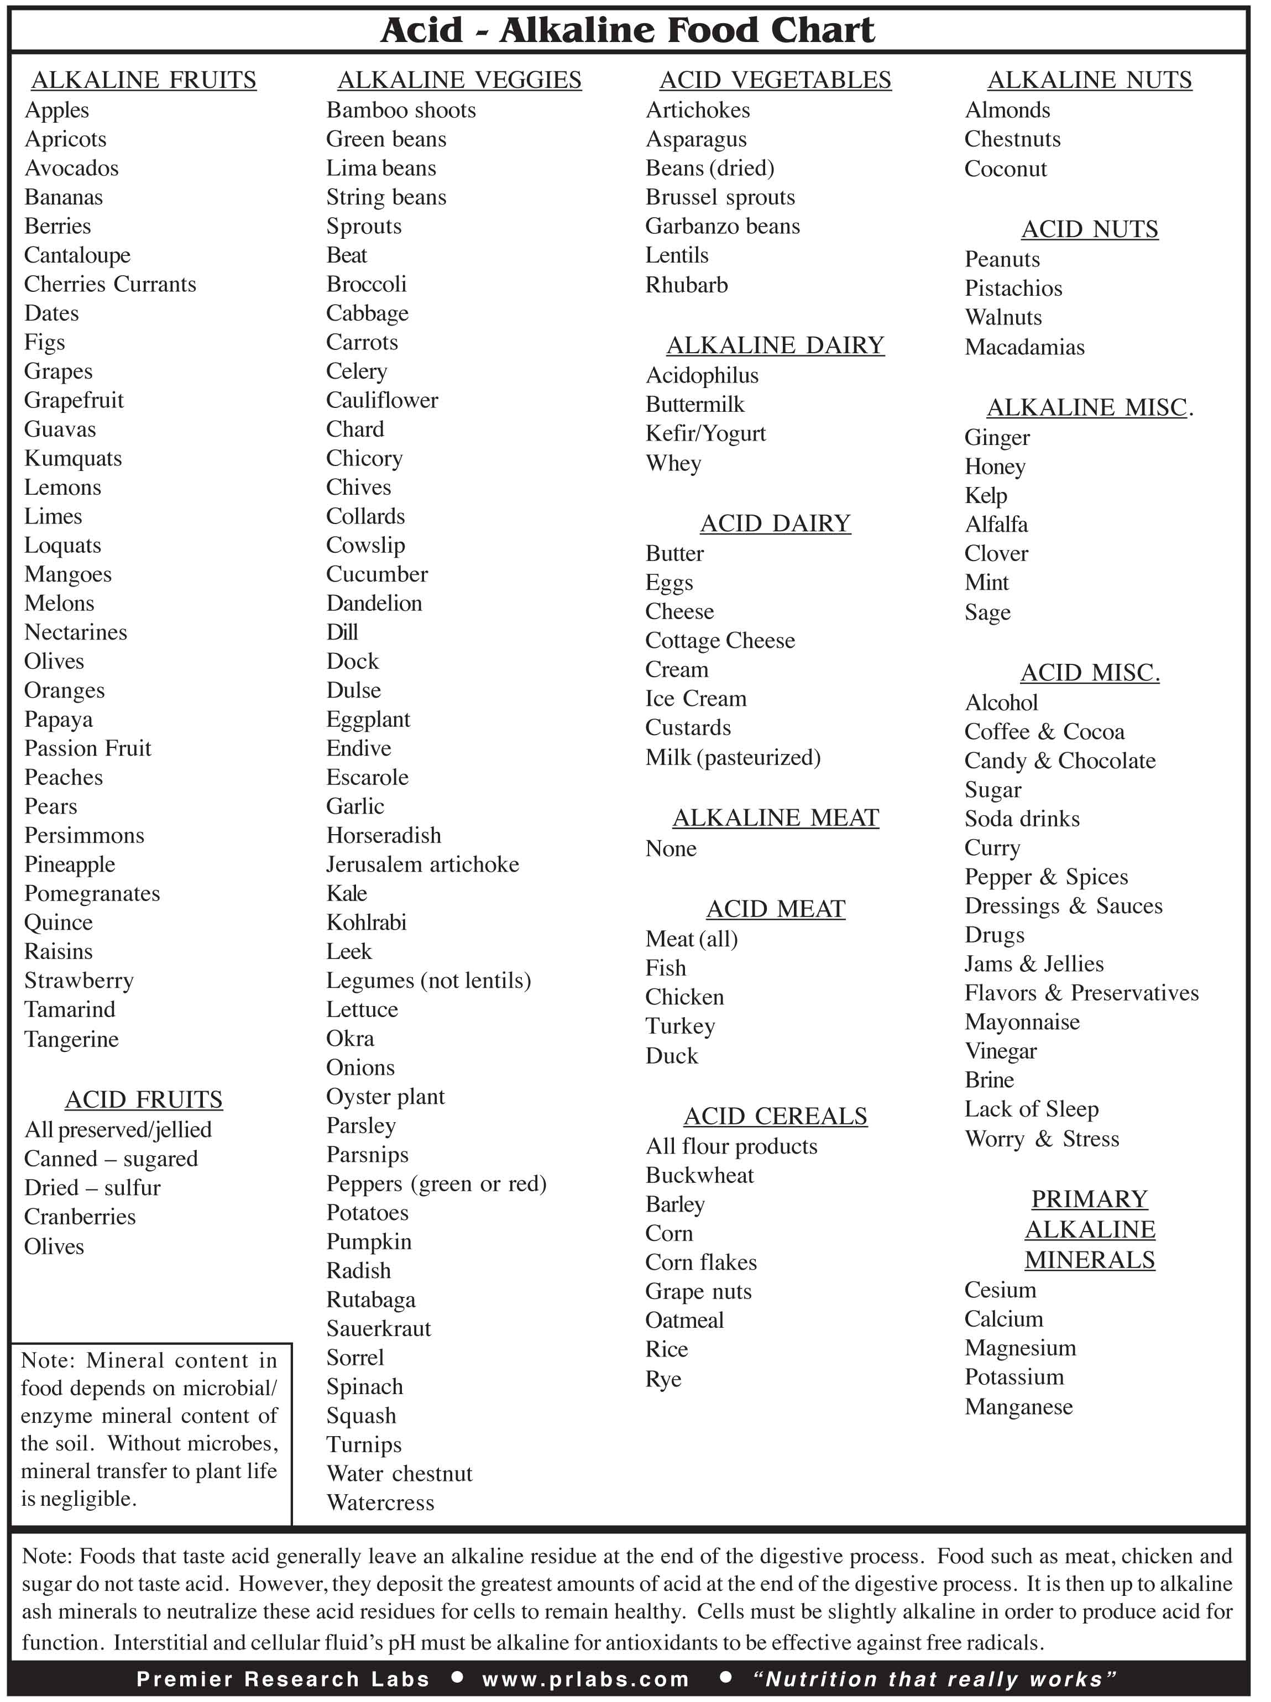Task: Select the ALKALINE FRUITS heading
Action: click(143, 80)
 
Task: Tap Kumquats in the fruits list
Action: click(73, 458)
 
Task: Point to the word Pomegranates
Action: click(92, 894)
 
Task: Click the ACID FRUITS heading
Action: click(144, 1100)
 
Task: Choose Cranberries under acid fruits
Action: click(80, 1217)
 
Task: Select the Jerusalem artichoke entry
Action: click(422, 865)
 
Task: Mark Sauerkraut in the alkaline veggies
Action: click(379, 1329)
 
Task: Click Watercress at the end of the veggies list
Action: click(380, 1503)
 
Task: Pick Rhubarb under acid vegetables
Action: click(686, 285)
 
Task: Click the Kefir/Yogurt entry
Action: click(705, 434)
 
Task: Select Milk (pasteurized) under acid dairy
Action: click(733, 757)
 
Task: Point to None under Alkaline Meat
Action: click(671, 849)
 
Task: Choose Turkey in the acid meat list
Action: click(680, 1027)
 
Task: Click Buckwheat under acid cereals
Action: click(699, 1175)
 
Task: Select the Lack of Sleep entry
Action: click(1031, 1109)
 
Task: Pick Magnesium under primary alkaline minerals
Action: click(1020, 1348)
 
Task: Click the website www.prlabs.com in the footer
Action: click(585, 1679)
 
